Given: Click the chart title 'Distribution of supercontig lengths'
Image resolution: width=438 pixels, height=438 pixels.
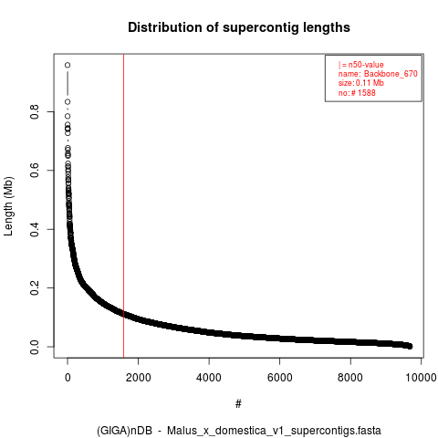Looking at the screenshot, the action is click(x=239, y=27).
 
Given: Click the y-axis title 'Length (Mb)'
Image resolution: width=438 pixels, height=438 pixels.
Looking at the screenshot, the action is click(x=8, y=206).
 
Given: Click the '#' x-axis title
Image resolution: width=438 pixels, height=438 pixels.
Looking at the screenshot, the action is click(x=238, y=403).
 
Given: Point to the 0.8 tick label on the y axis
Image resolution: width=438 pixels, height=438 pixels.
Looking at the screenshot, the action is click(x=35, y=111).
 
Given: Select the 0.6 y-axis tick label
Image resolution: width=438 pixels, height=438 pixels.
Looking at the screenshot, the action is click(x=35, y=171).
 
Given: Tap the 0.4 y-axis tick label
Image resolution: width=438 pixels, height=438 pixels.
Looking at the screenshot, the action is click(x=35, y=229).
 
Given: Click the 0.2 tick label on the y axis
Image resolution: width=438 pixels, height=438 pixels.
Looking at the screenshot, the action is click(x=35, y=287).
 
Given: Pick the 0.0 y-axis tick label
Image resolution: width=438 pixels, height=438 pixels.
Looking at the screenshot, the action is click(x=35, y=347).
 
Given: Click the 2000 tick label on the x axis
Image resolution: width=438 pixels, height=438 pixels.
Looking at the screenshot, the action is click(x=139, y=378).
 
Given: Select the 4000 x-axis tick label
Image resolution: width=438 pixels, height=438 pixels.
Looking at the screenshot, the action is click(x=209, y=378).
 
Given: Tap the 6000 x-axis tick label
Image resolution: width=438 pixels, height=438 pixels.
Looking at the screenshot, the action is click(x=279, y=378).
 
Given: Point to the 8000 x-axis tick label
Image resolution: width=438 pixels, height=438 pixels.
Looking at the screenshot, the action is click(x=350, y=378).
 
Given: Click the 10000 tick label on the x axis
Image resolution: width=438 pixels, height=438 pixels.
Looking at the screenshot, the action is click(x=421, y=378).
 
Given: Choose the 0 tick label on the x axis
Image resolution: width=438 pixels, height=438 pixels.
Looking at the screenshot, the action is click(x=68, y=378).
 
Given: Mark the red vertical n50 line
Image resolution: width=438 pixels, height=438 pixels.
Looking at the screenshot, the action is click(x=123, y=206).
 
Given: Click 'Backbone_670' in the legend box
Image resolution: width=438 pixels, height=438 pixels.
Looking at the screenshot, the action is click(x=391, y=74).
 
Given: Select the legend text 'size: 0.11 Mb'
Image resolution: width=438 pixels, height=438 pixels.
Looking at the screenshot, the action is click(x=361, y=83).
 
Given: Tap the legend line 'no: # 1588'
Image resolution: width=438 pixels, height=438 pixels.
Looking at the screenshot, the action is click(x=357, y=92).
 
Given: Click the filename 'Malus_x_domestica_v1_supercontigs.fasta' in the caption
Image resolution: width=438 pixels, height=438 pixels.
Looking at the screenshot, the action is click(x=274, y=431).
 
